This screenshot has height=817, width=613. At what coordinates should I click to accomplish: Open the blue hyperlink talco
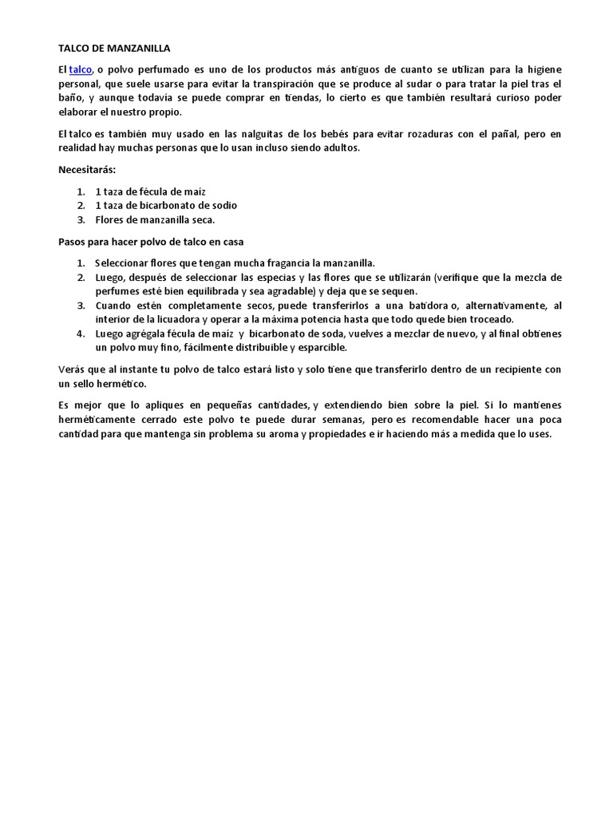pos(81,71)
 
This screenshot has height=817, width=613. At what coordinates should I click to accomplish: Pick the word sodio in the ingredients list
pos(223,205)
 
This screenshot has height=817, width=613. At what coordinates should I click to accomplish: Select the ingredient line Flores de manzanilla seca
pos(155,219)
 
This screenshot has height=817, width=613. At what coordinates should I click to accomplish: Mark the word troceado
pos(488,319)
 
